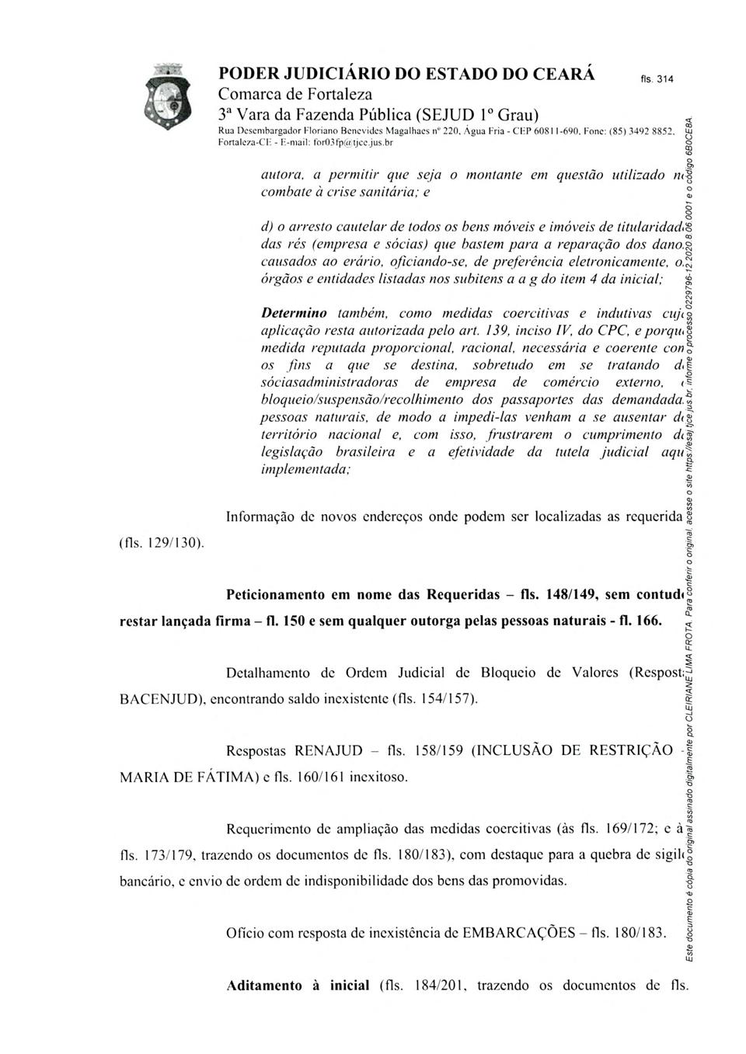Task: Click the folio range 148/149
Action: pos(570,596)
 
